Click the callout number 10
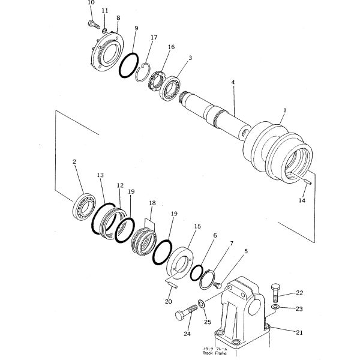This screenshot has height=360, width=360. [91, 3]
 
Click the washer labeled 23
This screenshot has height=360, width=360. [274, 307]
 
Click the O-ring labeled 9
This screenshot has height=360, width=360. [128, 64]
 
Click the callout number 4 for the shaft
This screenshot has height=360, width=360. [233, 82]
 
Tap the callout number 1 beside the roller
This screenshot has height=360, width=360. [284, 110]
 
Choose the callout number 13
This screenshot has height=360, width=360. [100, 175]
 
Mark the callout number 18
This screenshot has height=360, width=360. [152, 203]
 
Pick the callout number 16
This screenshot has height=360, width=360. [171, 47]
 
